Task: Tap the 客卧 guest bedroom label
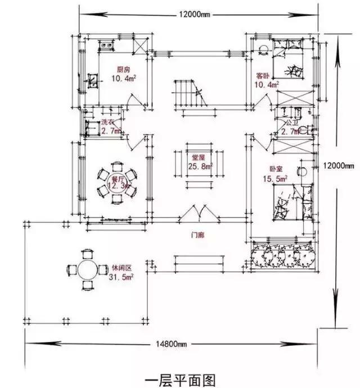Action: click(x=263, y=75)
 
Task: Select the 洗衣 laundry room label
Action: click(x=108, y=123)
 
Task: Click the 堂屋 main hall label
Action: click(x=200, y=158)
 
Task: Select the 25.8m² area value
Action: click(x=201, y=166)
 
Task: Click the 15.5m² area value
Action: click(x=277, y=178)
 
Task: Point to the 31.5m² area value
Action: click(x=123, y=276)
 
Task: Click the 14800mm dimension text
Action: click(x=172, y=344)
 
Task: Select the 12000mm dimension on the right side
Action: click(x=341, y=165)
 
